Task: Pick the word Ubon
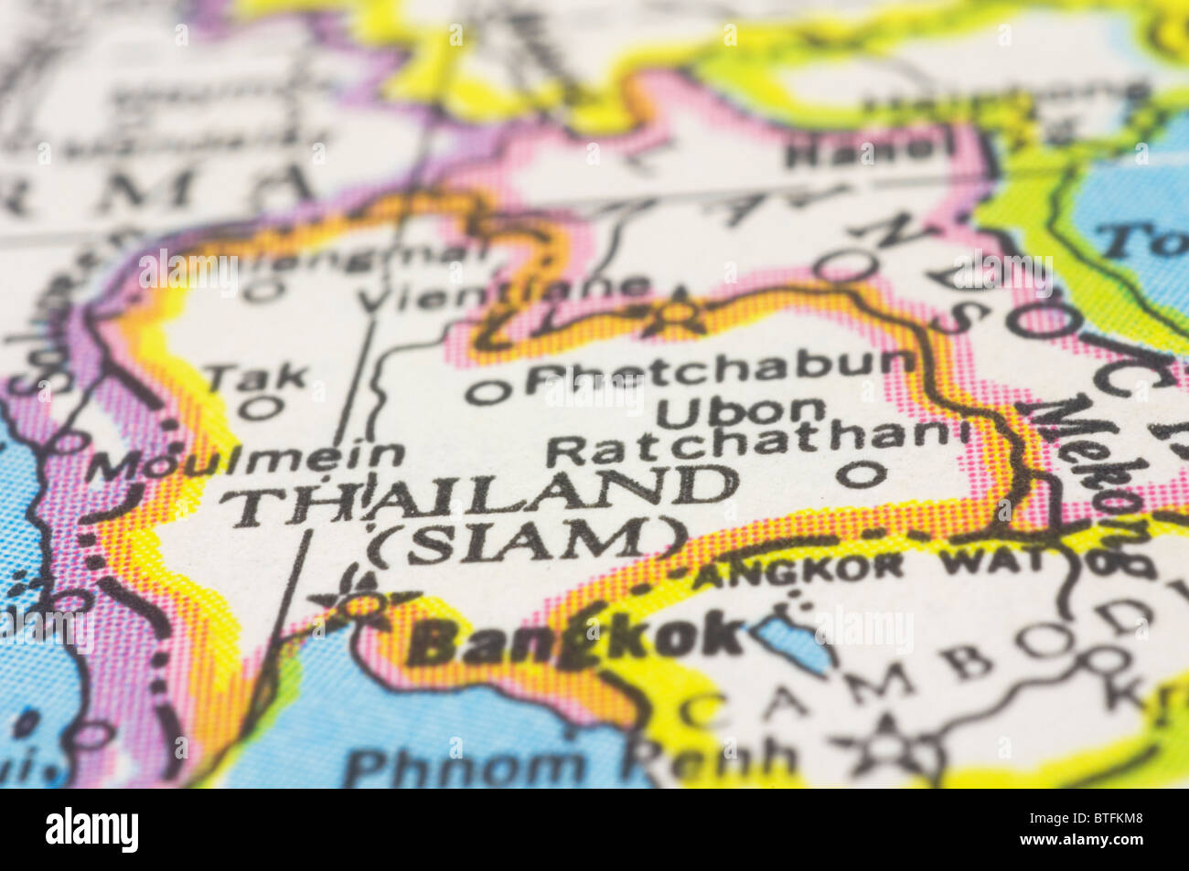(741, 412)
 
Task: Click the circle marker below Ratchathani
(861, 473)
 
